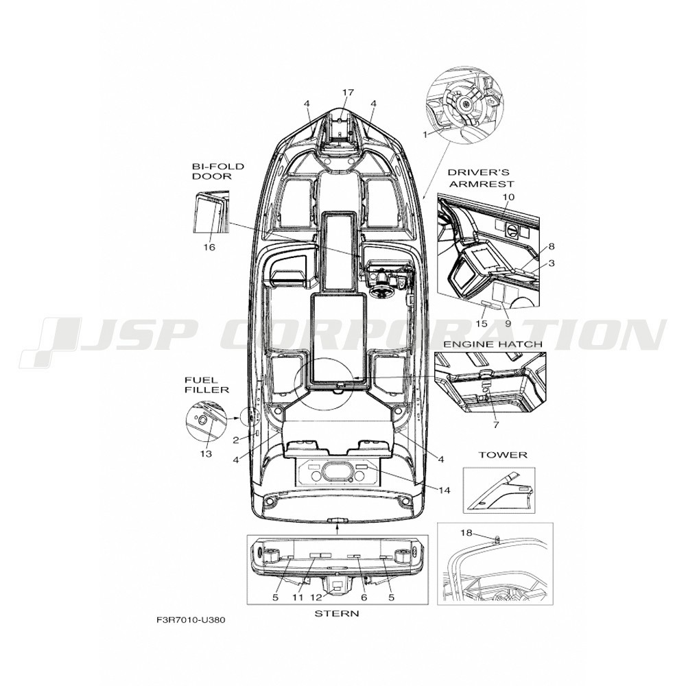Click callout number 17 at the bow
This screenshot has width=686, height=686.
click(x=348, y=93)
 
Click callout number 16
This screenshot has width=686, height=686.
click(x=209, y=247)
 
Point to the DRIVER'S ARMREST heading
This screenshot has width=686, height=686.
click(x=482, y=178)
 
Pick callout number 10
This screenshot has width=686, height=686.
click(x=508, y=197)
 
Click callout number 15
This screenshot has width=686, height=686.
click(x=482, y=324)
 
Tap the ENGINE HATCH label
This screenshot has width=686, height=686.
click(x=493, y=344)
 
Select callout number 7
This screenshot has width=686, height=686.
click(x=496, y=425)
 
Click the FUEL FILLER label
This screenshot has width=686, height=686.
click(x=206, y=385)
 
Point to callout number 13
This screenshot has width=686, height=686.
click(x=206, y=453)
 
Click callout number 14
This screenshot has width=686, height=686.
click(x=444, y=490)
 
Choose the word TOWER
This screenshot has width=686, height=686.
click(x=502, y=455)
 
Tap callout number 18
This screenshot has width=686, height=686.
click(x=466, y=532)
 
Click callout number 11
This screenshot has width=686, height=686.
click(x=298, y=598)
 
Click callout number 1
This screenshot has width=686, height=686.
click(x=424, y=134)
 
